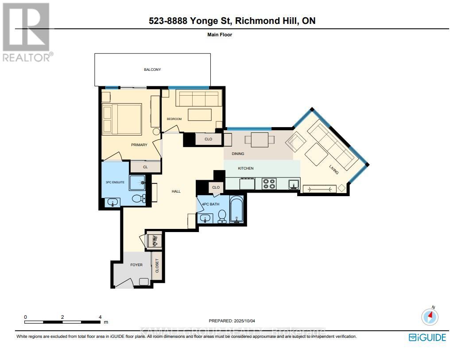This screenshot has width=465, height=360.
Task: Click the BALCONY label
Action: point(152,70)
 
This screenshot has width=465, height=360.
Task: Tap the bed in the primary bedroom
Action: point(122,119)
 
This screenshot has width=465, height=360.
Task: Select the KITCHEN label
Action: point(246,168)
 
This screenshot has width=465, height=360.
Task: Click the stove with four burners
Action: point(269,183)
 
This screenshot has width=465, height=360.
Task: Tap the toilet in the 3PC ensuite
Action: point(140,198)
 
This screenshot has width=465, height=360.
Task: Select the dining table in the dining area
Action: point(260,139)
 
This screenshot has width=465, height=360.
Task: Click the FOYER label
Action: point(136,265)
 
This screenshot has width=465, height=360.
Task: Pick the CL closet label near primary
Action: point(145,167)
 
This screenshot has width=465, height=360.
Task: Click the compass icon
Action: point(430,316)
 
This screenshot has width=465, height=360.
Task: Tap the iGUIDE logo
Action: point(427,337)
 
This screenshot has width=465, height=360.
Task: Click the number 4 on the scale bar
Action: point(101,317)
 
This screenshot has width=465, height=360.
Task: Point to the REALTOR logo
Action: point(26,31)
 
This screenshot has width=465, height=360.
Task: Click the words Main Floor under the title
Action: point(220,35)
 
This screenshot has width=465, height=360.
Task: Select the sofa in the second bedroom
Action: point(198,99)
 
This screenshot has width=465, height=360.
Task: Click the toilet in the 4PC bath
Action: point(222,216)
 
